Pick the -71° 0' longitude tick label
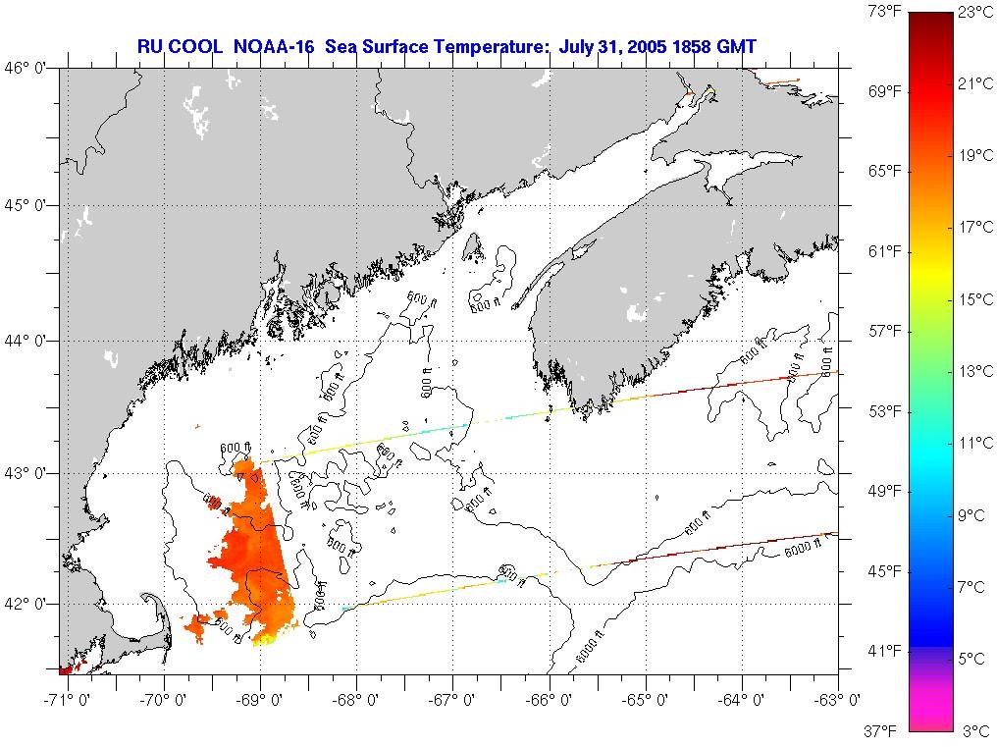pos(62,700)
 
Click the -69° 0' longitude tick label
pos(256,700)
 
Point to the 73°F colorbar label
pos(885,12)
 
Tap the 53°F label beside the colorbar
pos(885,410)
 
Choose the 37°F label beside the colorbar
pos(885,730)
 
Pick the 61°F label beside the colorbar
pos(885,251)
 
